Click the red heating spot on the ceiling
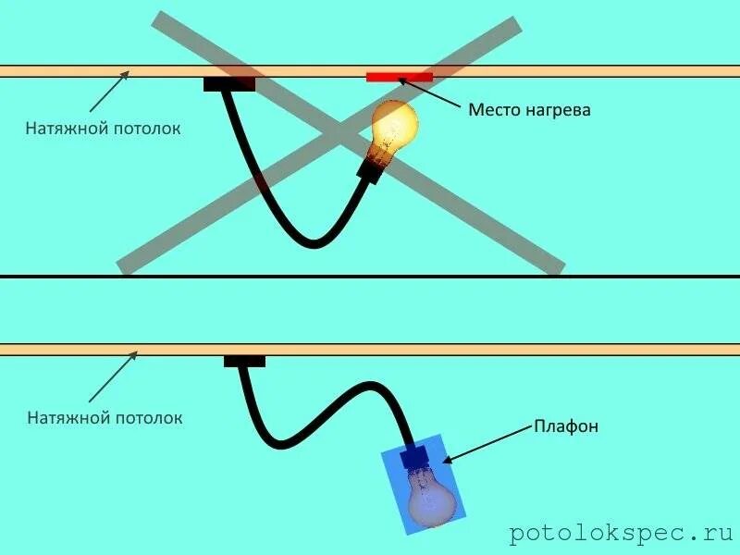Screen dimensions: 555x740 point(400,77)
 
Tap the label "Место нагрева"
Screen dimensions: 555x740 point(529,110)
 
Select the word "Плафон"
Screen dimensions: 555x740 point(566,426)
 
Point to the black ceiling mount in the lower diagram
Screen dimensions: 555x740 point(244,361)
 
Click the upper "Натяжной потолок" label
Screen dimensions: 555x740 point(103,129)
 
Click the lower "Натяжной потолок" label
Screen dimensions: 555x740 point(105,418)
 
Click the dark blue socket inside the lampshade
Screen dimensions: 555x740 point(413,456)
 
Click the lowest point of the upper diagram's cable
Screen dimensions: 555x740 point(314,244)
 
